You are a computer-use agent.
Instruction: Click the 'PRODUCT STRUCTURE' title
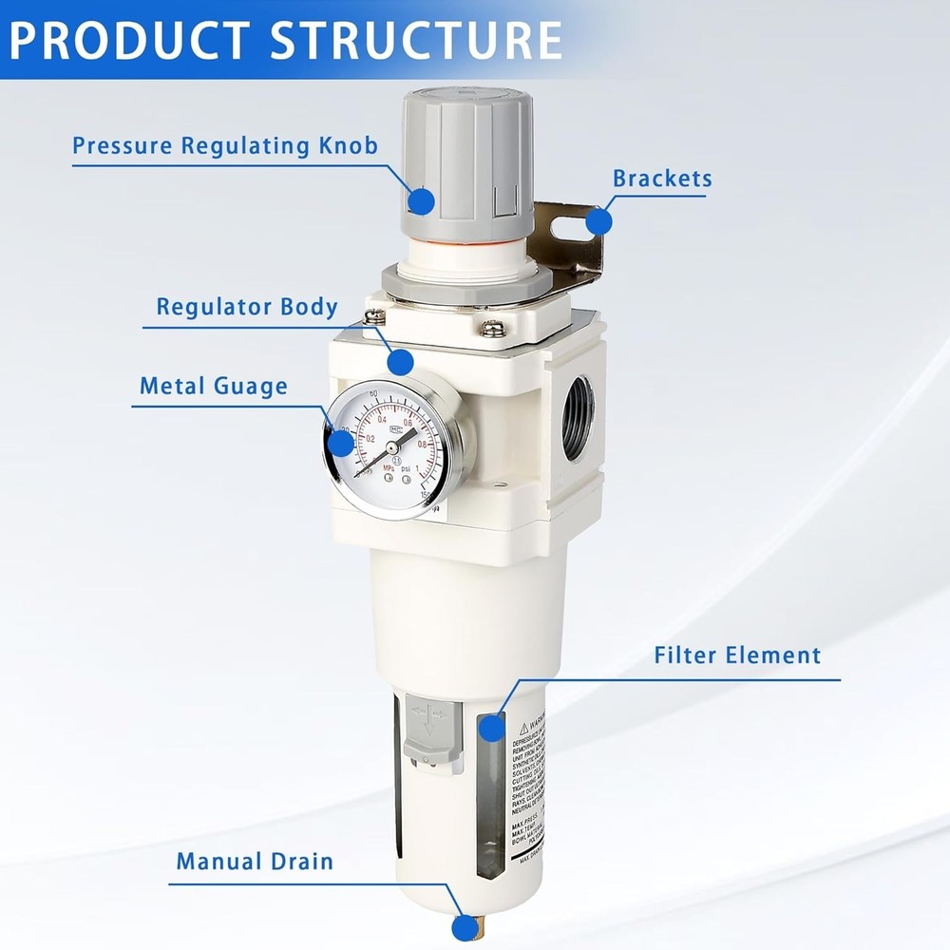[285, 39]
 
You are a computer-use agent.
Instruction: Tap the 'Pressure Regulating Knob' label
[225, 146]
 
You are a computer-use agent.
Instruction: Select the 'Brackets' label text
[661, 179]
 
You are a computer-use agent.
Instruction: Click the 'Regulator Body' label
[247, 308]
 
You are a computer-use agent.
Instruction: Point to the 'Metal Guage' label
[213, 387]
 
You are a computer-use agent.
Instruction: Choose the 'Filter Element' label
[737, 655]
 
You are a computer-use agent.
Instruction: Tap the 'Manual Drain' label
[255, 862]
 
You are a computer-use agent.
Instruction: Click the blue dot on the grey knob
[421, 200]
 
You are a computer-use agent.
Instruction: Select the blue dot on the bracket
[598, 221]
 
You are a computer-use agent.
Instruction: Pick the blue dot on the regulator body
[401, 361]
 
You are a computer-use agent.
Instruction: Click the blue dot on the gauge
[340, 443]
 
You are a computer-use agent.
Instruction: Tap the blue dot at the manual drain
[464, 928]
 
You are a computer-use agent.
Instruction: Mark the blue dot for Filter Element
[491, 728]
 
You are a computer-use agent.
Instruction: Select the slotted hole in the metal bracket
[566, 233]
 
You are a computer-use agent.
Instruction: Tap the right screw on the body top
[492, 328]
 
